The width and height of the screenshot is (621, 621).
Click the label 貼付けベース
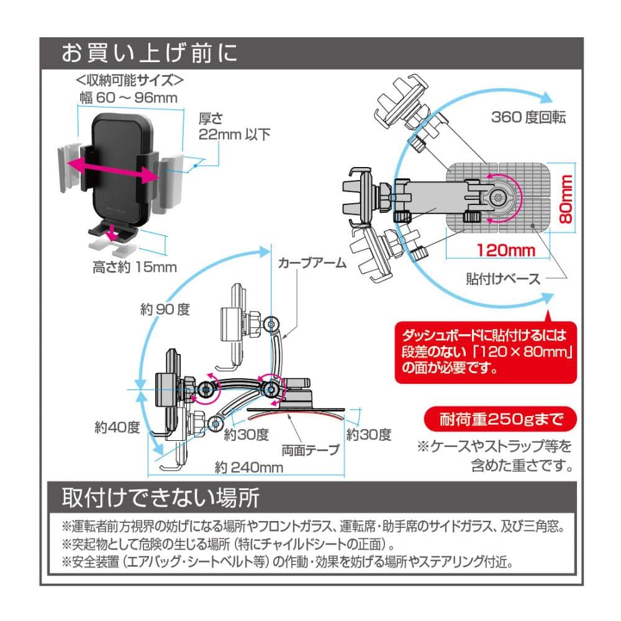pos(504,278)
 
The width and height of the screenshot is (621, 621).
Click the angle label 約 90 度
pos(165,309)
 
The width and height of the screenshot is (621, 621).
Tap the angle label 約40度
pos(117,427)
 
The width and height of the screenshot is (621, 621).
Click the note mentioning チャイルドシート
pos(230,545)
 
